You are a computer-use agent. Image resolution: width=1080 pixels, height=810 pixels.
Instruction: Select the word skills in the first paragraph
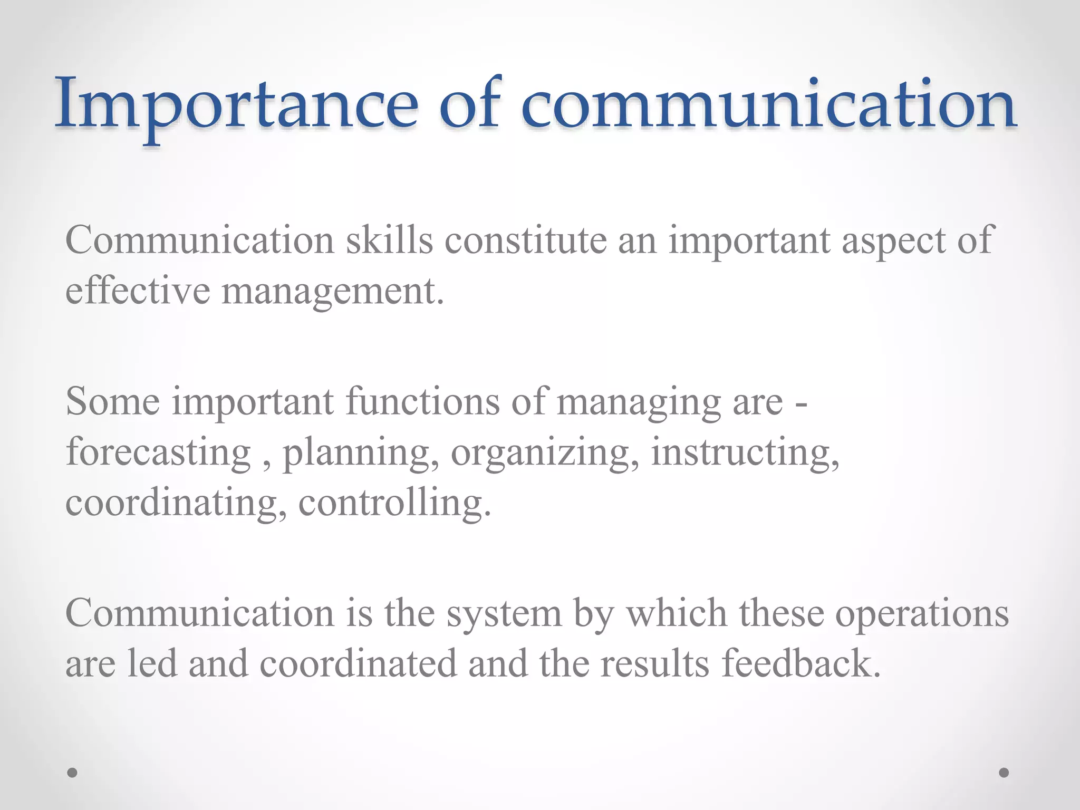(389, 240)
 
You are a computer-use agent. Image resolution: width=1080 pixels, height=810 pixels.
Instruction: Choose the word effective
(138, 291)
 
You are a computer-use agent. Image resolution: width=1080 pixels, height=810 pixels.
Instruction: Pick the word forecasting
(158, 454)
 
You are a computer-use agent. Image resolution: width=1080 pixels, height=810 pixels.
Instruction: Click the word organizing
(545, 454)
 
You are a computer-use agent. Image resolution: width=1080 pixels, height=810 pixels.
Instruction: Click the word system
(504, 615)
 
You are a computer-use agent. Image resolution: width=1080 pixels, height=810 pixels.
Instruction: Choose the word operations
(922, 615)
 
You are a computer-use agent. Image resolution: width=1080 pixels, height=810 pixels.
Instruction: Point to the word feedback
(801, 663)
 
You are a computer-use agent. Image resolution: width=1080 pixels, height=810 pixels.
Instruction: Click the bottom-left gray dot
(73, 773)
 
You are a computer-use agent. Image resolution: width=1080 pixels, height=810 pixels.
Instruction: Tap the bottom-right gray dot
(1004, 773)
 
